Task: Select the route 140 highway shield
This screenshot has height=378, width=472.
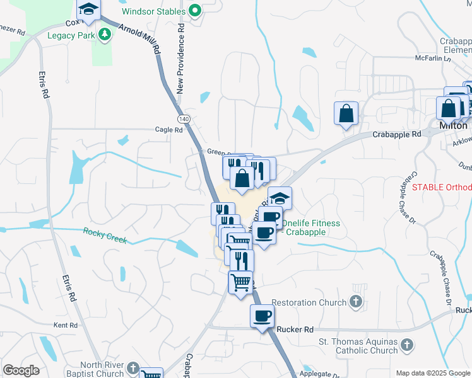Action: click(184, 119)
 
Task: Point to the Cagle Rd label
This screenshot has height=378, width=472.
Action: click(168, 130)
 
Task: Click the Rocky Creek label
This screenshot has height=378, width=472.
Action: click(105, 236)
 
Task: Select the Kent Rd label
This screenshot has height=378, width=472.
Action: click(65, 325)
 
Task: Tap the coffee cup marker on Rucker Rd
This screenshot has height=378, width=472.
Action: click(263, 316)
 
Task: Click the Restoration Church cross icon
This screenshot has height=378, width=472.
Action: click(356, 302)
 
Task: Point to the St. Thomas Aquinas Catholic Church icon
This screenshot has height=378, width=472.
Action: click(407, 345)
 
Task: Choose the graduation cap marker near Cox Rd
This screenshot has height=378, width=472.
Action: click(89, 9)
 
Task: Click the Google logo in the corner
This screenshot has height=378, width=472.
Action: click(21, 370)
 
